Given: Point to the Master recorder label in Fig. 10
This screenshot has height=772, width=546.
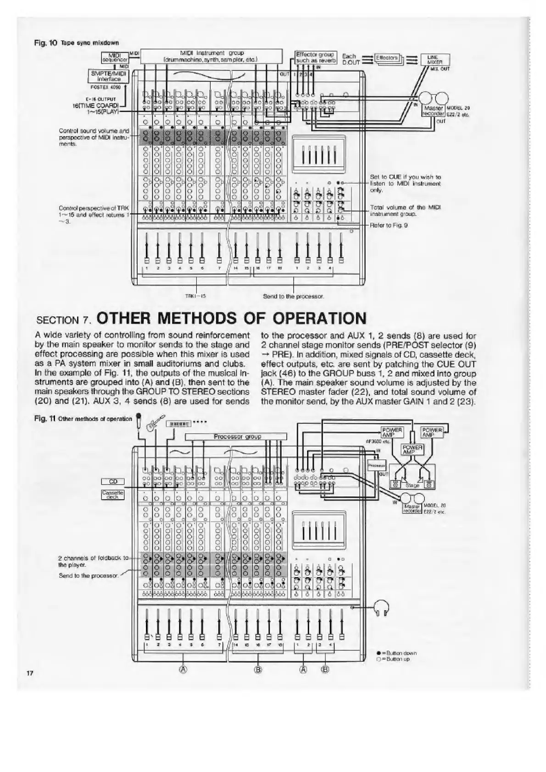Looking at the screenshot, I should point(433,111).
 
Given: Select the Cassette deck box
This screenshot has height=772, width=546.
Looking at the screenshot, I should point(112,494).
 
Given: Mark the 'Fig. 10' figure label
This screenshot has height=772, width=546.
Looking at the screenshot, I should point(45,43).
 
